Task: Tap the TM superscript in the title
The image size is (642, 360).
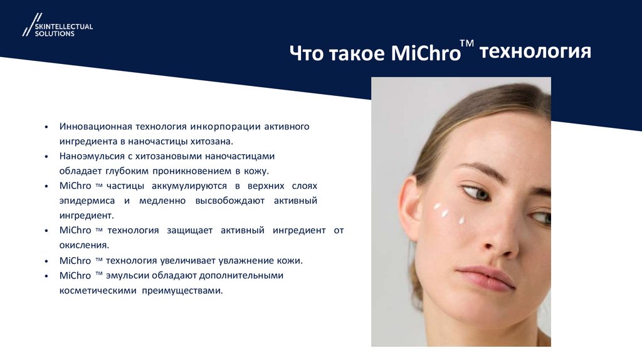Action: (466, 43)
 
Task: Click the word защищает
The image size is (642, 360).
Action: (189, 230)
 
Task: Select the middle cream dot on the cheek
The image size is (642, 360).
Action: (445, 213)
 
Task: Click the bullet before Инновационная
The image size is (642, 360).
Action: (46, 127)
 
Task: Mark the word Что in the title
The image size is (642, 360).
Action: (307, 53)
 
